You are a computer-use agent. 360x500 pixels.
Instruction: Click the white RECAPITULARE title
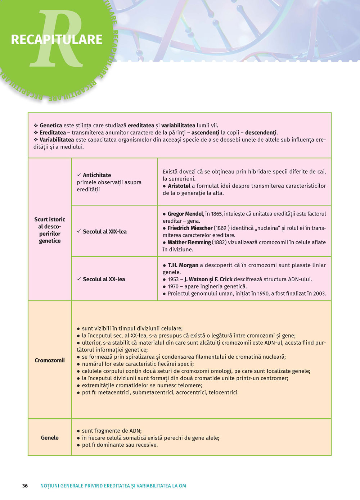57,40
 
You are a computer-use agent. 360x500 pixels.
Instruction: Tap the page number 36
25,486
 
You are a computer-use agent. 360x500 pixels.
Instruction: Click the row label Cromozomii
50,360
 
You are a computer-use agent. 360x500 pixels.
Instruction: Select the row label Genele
50,437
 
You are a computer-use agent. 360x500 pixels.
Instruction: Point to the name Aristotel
179,186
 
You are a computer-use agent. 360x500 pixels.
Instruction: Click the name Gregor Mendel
185,214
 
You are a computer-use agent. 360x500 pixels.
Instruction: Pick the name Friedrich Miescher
190,228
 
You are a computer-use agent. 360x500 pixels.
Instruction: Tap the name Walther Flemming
189,242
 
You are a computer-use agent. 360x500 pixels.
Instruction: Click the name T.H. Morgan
183,265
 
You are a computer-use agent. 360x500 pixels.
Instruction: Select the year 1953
173,279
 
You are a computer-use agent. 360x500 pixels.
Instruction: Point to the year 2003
319,294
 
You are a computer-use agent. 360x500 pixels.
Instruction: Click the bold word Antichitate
97,175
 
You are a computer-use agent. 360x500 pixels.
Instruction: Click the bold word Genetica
51,126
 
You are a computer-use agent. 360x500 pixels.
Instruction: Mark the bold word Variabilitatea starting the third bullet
57,140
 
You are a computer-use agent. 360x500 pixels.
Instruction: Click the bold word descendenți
261,132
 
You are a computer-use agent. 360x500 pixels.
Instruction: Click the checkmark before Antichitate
79,175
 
